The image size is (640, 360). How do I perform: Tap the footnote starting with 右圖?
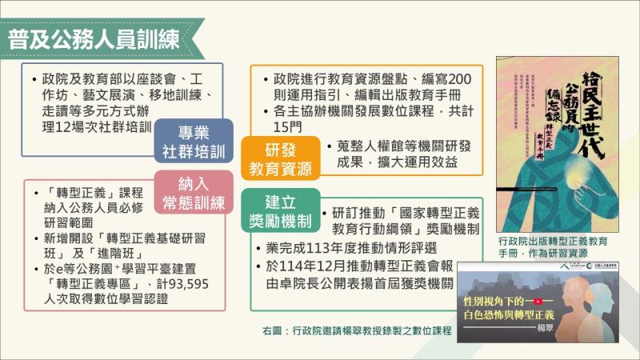point(351,330)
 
